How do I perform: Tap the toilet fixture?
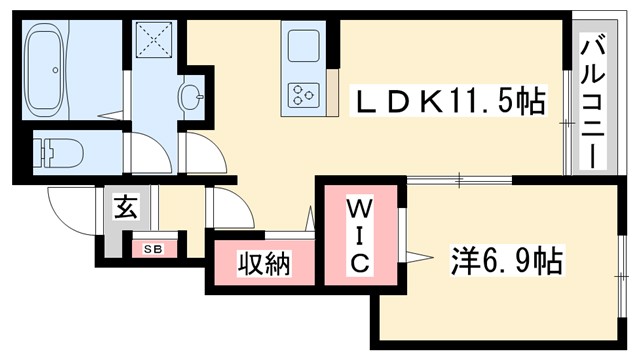[58, 152]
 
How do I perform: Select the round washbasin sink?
[191, 98]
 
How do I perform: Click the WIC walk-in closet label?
[360, 236]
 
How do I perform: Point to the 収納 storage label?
[263, 265]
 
